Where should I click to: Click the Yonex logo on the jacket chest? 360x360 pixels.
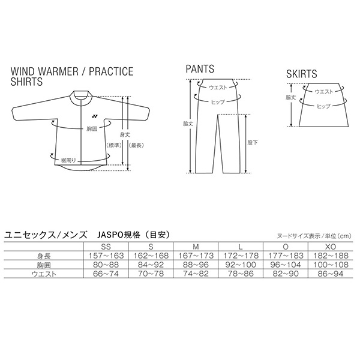point(95,116)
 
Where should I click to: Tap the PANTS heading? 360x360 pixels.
point(200,69)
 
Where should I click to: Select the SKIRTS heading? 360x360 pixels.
point(301,74)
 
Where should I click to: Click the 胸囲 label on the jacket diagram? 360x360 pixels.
point(92,129)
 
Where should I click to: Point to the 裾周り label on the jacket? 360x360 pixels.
point(68,160)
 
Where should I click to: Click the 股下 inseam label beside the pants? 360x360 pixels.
point(253,143)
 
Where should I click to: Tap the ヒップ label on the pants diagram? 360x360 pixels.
point(218,102)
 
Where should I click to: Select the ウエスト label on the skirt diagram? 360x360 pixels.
point(323,92)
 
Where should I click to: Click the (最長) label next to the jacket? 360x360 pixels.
point(136,145)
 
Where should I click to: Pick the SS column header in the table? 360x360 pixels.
point(106,247)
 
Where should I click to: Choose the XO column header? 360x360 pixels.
point(331,247)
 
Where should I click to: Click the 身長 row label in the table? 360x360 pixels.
point(44,256)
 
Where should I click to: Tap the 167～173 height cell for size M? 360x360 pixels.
point(196,256)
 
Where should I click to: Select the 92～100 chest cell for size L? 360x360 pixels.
point(241,265)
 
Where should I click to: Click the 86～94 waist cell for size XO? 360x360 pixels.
point(331,274)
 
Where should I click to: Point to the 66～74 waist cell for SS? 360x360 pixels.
point(106,274)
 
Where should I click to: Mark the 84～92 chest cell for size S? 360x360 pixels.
point(151,265)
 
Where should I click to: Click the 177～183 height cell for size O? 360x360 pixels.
point(286,256)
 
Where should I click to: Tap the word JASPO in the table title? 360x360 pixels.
point(110,235)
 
